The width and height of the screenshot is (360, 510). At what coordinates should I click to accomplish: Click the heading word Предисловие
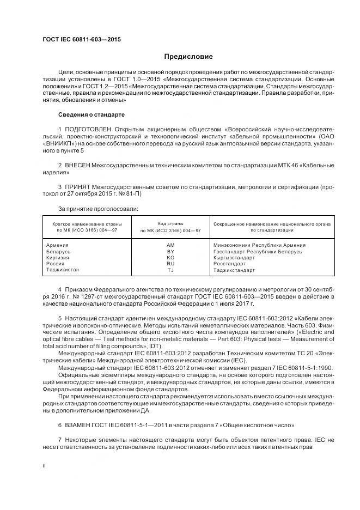pyautogui.click(x=188, y=57)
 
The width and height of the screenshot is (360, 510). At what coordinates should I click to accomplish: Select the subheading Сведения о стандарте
pyautogui.click(x=91, y=115)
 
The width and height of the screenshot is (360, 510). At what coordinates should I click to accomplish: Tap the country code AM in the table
pyautogui.click(x=170, y=245)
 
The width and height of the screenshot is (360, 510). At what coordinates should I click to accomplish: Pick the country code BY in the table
pyautogui.click(x=170, y=251)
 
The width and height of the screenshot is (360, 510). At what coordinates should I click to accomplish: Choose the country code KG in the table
pyautogui.click(x=170, y=257)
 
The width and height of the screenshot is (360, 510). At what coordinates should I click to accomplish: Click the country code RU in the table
pyautogui.click(x=170, y=263)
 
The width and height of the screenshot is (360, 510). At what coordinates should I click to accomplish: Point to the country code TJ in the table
pyautogui.click(x=170, y=270)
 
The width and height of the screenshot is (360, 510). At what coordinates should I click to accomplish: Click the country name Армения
pyautogui.click(x=58, y=245)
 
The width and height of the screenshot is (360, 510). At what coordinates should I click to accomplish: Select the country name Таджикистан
pyautogui.click(x=63, y=270)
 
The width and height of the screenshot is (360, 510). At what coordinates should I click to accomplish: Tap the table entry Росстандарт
pyautogui.click(x=229, y=263)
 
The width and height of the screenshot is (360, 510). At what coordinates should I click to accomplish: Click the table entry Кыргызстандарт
pyautogui.click(x=234, y=257)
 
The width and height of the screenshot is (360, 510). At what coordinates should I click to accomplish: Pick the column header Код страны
pyautogui.click(x=170, y=223)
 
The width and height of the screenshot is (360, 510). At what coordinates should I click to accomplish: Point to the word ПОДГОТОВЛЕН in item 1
pyautogui.click(x=84, y=129)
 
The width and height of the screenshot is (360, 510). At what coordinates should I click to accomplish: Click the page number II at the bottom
pyautogui.click(x=45, y=466)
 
